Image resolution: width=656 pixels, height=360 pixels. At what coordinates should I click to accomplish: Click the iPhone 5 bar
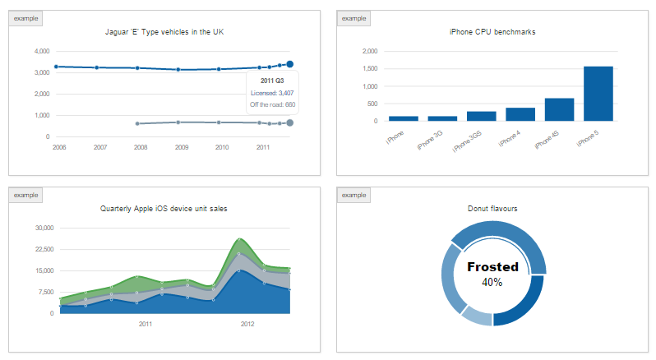(x=598, y=94)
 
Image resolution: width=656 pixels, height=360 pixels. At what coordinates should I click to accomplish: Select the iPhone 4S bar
(x=559, y=109)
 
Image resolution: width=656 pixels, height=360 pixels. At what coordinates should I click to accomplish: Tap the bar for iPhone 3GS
(x=481, y=116)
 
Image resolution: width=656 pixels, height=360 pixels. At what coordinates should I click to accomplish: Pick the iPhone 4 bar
(x=520, y=114)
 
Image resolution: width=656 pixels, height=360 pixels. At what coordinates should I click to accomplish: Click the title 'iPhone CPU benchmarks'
(x=492, y=32)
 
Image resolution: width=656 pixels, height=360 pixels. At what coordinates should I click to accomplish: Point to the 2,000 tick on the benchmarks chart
(x=369, y=51)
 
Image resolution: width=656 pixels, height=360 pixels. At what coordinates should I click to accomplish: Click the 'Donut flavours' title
(x=492, y=209)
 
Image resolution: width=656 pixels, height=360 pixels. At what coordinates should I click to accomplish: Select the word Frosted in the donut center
(x=492, y=267)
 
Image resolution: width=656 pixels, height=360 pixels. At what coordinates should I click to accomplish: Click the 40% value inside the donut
(x=492, y=282)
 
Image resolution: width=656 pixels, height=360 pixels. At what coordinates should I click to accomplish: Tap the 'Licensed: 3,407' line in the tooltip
(x=272, y=93)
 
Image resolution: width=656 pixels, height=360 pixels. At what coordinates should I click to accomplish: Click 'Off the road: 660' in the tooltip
(x=272, y=104)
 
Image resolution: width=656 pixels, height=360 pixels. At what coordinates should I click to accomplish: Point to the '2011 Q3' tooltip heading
(x=272, y=81)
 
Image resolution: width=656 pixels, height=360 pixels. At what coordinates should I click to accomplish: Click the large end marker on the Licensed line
(x=290, y=64)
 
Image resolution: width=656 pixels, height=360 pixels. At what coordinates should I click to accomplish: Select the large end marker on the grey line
(x=290, y=123)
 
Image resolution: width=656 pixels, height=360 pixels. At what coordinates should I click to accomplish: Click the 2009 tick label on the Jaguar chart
(x=182, y=147)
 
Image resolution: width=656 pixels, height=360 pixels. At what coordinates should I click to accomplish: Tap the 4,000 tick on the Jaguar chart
(x=41, y=51)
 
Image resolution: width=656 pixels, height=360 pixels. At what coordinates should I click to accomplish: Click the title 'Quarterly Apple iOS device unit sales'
(x=164, y=209)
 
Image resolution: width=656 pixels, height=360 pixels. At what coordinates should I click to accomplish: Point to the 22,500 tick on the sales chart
(x=40, y=249)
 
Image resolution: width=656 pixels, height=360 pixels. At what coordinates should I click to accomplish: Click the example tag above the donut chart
(x=353, y=195)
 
